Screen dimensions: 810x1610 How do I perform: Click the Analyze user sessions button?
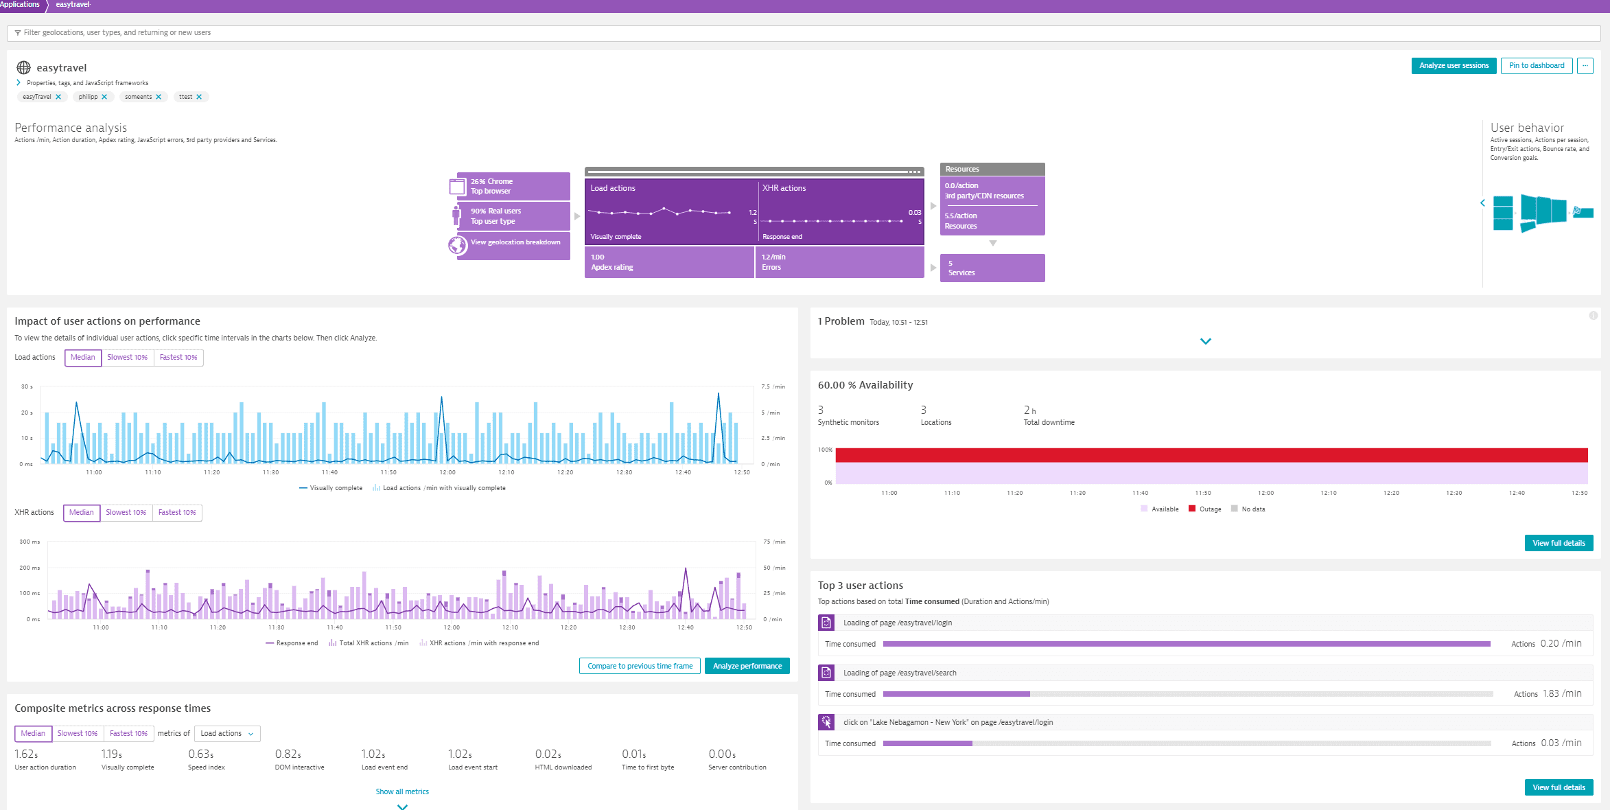tap(1454, 66)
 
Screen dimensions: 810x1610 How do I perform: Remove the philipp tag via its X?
tap(104, 97)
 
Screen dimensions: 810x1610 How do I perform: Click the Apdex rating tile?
tap(668, 262)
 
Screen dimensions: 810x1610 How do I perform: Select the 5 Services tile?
tap(992, 268)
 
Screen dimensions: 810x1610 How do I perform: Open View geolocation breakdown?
tap(515, 242)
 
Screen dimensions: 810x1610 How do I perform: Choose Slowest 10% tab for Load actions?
tap(127, 358)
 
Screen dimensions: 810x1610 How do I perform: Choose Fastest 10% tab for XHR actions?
tap(177, 513)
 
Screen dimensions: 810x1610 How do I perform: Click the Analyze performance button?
tap(747, 667)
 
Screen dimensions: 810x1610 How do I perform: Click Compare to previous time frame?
tap(640, 667)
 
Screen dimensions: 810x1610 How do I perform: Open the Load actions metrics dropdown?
tap(227, 734)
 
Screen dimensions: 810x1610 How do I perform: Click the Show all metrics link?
tap(402, 792)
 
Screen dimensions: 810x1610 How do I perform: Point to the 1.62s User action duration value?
tap(26, 754)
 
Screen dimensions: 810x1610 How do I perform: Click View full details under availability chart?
tap(1559, 544)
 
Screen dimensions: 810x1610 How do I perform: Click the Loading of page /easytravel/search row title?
tap(899, 673)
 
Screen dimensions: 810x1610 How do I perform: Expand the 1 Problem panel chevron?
tap(1205, 341)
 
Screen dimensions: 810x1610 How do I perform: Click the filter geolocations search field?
tap(803, 33)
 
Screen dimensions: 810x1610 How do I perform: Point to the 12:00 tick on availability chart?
tap(1265, 494)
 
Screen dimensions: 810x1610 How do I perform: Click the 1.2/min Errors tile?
tap(839, 262)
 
